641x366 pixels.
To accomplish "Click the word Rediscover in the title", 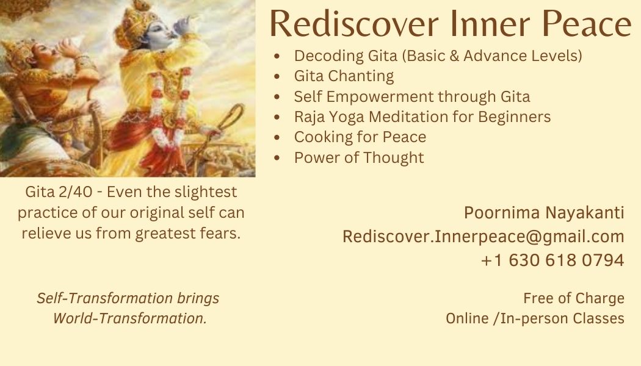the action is [354, 24].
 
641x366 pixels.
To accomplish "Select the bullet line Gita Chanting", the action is [344, 76].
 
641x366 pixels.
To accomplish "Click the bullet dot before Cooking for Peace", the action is [277, 138].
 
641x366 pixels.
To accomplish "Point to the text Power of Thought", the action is [359, 157].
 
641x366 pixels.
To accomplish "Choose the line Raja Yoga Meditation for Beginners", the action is [422, 117].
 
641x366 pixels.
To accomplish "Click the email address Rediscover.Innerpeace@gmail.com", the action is [483, 237].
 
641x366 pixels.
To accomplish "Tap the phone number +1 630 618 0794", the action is [552, 260].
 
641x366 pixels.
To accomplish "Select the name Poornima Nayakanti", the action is [544, 213].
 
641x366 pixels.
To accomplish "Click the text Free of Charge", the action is [574, 299].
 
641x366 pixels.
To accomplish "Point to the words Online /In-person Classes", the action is [535, 318].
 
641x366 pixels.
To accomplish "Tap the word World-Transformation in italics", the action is [130, 318].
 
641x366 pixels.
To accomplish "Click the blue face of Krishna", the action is [160, 34].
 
